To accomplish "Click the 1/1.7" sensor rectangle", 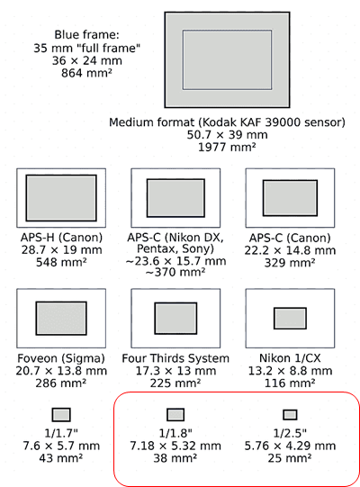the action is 61,415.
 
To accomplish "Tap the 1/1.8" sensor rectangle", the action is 175,415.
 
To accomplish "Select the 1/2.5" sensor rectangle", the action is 290,415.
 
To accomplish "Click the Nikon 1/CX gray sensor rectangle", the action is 290,319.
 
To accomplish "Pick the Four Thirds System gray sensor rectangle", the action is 175,319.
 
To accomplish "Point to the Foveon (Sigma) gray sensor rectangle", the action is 61,319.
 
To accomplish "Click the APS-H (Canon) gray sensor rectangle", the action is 61,198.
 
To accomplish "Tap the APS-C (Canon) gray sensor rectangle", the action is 290,198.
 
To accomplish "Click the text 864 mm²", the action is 86,73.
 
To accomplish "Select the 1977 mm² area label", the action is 227,147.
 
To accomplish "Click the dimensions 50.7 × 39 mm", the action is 227,135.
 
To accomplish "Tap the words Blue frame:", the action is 86,34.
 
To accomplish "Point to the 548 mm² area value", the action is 61,263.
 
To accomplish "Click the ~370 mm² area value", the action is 175,272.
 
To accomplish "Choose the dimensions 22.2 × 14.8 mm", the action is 290,250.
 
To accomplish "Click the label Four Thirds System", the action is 175,358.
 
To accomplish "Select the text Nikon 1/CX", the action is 290,358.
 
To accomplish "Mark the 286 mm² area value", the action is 61,383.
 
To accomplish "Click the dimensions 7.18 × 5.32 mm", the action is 175,446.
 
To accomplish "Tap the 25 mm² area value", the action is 290,458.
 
